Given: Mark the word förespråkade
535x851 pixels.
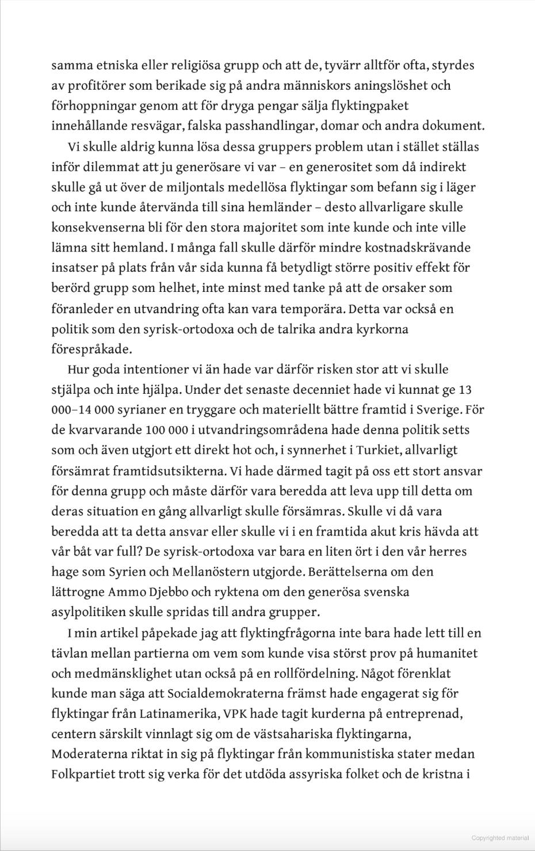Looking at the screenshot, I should point(91,349).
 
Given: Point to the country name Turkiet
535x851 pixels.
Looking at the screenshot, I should point(367,450).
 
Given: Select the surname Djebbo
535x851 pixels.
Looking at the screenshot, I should point(171,592).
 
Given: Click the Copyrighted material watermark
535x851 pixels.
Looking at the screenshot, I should point(499,838).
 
